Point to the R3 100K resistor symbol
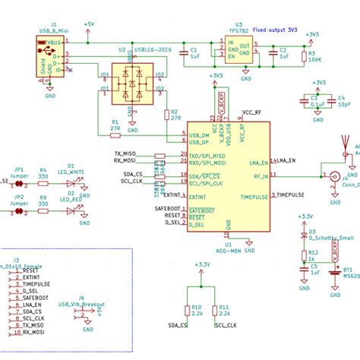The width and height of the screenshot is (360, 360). click(x=305, y=55)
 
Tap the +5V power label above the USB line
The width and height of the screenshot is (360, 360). click(x=89, y=25)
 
